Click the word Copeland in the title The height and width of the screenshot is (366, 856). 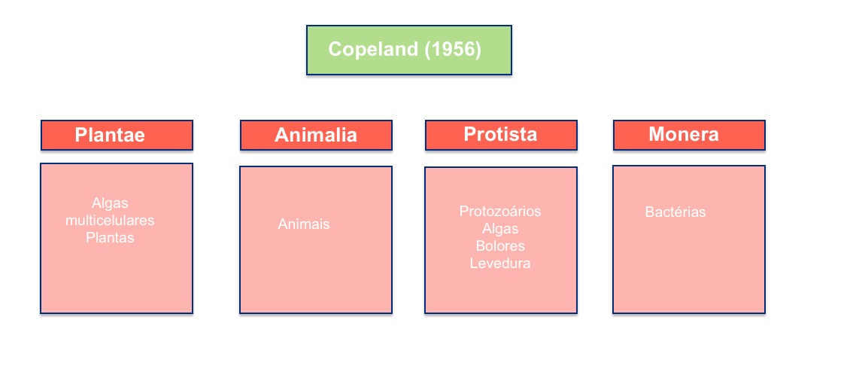(x=373, y=50)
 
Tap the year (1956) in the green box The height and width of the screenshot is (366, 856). (x=453, y=50)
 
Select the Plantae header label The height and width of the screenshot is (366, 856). (x=110, y=134)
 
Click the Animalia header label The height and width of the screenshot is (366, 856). (x=315, y=135)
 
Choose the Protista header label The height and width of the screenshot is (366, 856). (x=500, y=134)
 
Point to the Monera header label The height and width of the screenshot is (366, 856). (x=684, y=134)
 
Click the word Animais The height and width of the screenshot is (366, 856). (x=304, y=224)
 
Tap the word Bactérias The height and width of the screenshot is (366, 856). (x=675, y=212)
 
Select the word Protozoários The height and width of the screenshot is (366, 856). (x=500, y=211)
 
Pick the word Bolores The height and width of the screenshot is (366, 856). (x=500, y=246)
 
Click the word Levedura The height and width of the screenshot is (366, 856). (x=500, y=264)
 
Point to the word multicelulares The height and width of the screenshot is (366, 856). (x=110, y=221)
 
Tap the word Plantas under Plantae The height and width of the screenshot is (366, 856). (x=110, y=238)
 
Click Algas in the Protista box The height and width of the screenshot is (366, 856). (x=500, y=229)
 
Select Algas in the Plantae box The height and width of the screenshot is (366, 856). (x=110, y=203)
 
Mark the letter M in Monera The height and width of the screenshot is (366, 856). (x=657, y=134)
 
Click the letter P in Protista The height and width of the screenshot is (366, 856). (x=469, y=134)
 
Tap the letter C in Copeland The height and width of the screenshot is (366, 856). (x=335, y=50)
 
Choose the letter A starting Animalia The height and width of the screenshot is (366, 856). (x=281, y=135)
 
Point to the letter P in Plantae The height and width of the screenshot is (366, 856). (x=80, y=134)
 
